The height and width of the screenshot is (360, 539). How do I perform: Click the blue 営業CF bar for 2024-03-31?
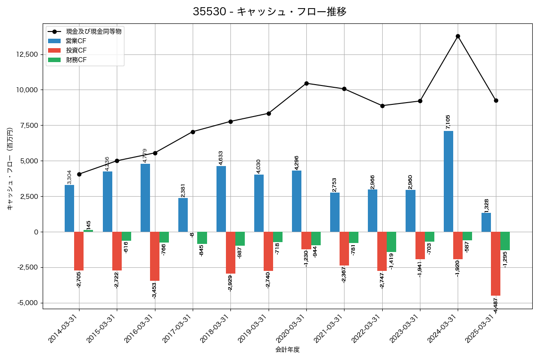(x=448, y=181)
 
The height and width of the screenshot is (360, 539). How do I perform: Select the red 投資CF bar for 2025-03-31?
(x=495, y=263)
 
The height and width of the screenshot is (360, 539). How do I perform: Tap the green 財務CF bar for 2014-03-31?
(x=88, y=231)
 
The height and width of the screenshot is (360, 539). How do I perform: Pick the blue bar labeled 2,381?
(x=183, y=215)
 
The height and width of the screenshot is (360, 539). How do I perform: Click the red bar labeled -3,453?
(x=155, y=256)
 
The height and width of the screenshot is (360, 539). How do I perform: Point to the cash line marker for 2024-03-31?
(x=458, y=36)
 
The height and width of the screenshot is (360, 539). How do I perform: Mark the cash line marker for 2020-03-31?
(x=306, y=83)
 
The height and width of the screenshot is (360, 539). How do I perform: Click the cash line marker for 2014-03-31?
(x=79, y=174)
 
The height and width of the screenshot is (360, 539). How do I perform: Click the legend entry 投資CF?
(x=76, y=50)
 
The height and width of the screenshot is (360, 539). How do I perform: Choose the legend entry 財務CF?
(x=76, y=60)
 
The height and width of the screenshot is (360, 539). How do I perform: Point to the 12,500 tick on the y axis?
(x=27, y=54)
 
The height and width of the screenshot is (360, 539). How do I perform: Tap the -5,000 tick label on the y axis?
(x=28, y=303)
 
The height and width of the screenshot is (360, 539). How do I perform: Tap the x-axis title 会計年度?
(x=287, y=350)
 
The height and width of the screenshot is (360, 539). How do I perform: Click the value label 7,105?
(x=448, y=122)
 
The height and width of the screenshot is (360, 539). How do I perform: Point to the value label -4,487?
(x=495, y=305)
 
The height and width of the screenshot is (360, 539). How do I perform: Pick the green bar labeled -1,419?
(x=391, y=242)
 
